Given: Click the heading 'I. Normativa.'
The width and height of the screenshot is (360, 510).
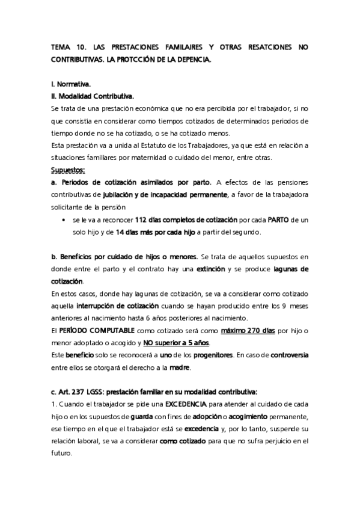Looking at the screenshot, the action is pyautogui.click(x=71, y=85).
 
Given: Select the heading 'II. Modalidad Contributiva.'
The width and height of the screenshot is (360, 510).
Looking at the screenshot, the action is pyautogui.click(x=93, y=96).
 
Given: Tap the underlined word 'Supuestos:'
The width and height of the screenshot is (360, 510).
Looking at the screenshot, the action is pyautogui.click(x=69, y=170).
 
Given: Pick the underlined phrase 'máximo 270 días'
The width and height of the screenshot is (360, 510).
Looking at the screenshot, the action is pyautogui.click(x=248, y=330).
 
